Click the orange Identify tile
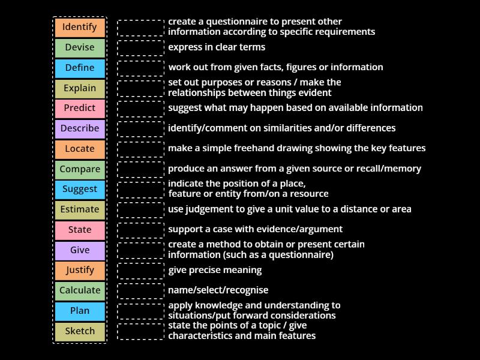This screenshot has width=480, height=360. tap(80, 27)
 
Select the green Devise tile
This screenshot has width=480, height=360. tap(80, 47)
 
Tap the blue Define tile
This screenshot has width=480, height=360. tap(80, 68)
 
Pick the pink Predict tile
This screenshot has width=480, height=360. tap(80, 108)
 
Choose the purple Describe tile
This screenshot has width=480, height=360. tap(80, 128)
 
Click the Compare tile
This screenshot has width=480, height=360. tap(80, 169)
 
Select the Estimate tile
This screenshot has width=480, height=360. tap(80, 209)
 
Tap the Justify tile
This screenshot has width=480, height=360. tap(80, 270)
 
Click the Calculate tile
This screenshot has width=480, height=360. tap(80, 290)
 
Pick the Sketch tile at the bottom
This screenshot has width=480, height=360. tap(80, 331)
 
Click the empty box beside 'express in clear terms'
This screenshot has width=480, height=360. tap(140, 47)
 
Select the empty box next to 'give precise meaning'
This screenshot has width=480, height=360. tap(140, 271)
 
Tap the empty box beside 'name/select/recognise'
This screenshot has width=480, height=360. tap(140, 291)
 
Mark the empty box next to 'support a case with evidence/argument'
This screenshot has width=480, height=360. tap(140, 230)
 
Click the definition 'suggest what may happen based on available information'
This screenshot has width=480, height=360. tap(295, 108)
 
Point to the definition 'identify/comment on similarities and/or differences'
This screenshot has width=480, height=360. tap(281, 128)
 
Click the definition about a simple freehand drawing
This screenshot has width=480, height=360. tap(296, 148)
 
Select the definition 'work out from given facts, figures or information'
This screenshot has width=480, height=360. tap(275, 67)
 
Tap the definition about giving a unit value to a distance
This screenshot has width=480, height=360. tap(289, 209)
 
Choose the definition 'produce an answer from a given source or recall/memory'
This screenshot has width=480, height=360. tap(294, 169)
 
